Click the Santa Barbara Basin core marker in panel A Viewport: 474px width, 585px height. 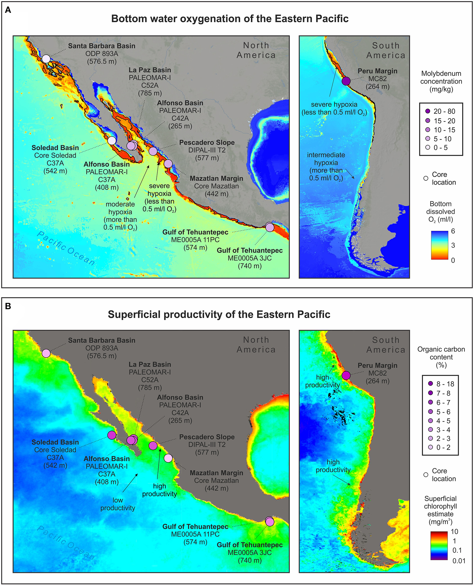coord(46,59)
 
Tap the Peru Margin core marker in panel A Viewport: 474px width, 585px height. coord(346,81)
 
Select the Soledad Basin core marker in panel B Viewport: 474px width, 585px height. coord(112,435)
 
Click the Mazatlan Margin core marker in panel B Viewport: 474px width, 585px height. coord(168,458)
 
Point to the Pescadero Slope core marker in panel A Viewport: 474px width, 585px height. coord(153,151)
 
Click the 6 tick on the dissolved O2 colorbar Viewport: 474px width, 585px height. coord(453,231)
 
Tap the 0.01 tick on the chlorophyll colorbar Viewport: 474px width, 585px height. coord(459,561)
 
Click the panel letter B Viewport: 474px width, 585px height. coord(8,306)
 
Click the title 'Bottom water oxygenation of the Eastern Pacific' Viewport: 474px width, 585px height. coord(230,18)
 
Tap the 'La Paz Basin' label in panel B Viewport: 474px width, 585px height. coord(150,364)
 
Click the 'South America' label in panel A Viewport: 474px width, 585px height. coord(386,51)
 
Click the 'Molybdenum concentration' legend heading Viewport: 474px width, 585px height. coord(441,81)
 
